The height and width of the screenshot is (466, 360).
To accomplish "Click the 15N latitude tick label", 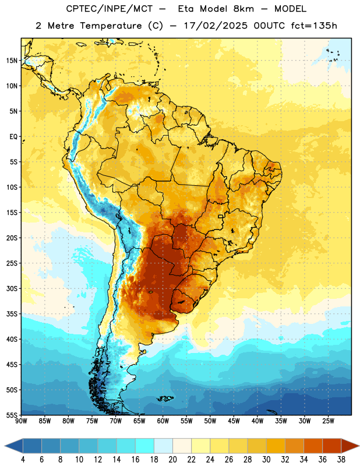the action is click(x=12, y=61).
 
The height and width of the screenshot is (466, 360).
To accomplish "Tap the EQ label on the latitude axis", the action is click(x=13, y=137).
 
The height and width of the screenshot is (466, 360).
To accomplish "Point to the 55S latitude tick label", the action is click(x=12, y=415).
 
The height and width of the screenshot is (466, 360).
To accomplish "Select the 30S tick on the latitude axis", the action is click(x=12, y=288).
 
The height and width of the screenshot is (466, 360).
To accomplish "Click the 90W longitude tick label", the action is click(x=21, y=421).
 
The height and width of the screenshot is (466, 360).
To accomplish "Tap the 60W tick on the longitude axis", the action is click(x=163, y=421).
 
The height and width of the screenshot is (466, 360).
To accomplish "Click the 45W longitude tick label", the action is click(x=234, y=421).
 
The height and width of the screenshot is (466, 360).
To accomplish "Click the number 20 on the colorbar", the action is click(x=172, y=460).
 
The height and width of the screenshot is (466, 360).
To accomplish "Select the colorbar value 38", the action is click(x=341, y=460).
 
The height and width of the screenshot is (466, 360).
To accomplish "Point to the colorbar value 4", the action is click(x=23, y=460).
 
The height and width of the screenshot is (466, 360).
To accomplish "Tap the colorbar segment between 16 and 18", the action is click(x=145, y=446).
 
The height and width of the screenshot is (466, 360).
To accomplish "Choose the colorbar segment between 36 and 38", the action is click(x=332, y=446).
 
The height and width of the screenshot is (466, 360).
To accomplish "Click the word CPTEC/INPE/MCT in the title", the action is click(x=110, y=9).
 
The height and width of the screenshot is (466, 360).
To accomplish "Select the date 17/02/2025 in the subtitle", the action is click(x=216, y=26).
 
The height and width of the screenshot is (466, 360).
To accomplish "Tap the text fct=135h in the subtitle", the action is click(x=314, y=26).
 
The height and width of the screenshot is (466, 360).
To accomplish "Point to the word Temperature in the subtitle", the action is click(x=111, y=26).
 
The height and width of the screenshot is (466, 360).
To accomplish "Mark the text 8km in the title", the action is click(x=243, y=9).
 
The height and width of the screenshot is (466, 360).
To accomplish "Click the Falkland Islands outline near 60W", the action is click(x=165, y=398).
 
